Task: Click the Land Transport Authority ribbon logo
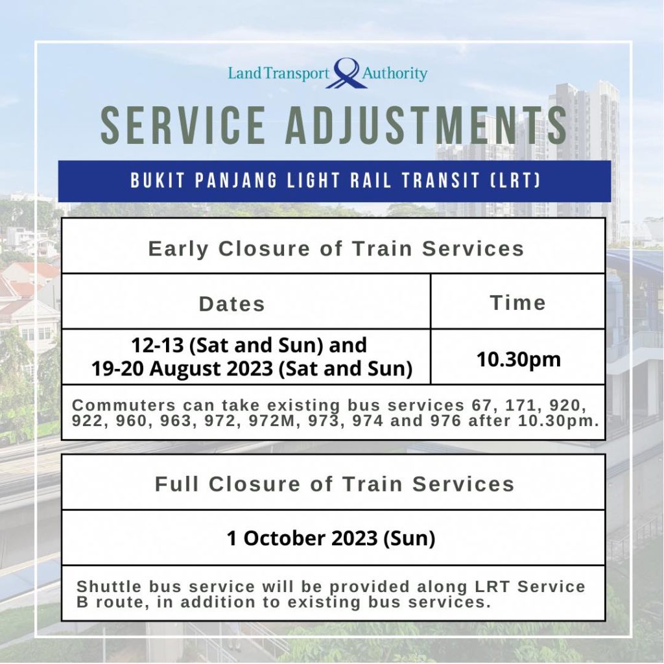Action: pyautogui.click(x=346, y=73)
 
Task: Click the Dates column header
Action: pyautogui.click(x=231, y=304)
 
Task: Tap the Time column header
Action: pyautogui.click(x=517, y=303)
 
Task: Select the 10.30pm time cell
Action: pyautogui.click(x=517, y=359)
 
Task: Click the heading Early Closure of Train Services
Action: pyautogui.click(x=335, y=248)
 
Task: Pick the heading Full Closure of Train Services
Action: pyautogui.click(x=334, y=484)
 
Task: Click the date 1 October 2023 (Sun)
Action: pyautogui.click(x=331, y=538)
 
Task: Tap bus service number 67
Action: pyautogui.click(x=478, y=405)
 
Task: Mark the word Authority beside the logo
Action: pyautogui.click(x=395, y=73)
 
